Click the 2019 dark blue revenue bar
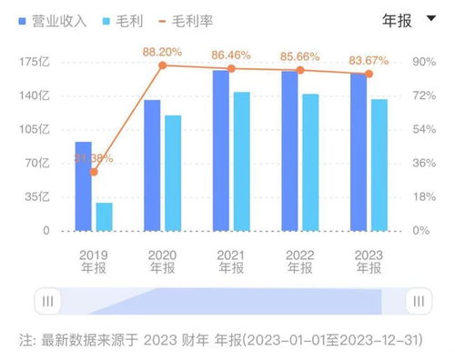[x=83, y=185]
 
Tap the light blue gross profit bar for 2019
[x=105, y=216]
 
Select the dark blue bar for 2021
[x=220, y=150]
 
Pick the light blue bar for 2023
[x=379, y=165]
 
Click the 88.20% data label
[x=163, y=52]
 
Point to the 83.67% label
[x=369, y=61]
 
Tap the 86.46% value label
[x=231, y=55]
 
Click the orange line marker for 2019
[x=93, y=172]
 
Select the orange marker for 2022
[x=300, y=70]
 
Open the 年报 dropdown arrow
[x=430, y=18]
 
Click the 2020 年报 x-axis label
[x=163, y=262]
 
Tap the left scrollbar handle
[x=48, y=301]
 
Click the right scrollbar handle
[x=417, y=301]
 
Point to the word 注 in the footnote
[x=25, y=338]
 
